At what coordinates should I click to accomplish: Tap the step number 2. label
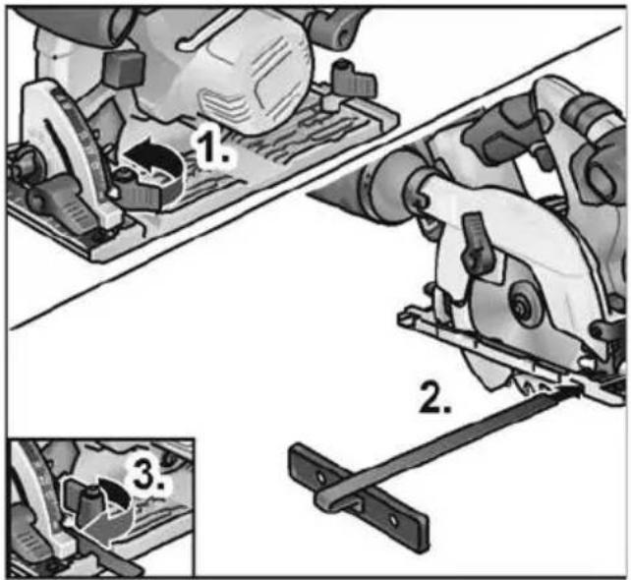(x=434, y=398)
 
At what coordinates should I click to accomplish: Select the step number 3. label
(x=148, y=476)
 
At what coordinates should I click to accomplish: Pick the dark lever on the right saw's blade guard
(x=477, y=243)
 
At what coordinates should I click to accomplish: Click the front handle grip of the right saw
(x=507, y=129)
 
